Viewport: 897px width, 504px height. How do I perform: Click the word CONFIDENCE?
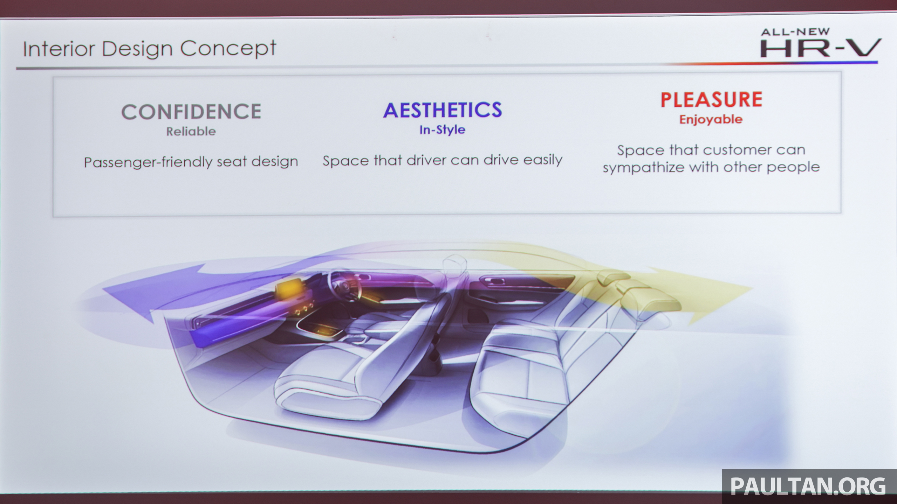click(191, 112)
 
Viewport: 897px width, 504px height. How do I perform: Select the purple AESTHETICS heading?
click(443, 110)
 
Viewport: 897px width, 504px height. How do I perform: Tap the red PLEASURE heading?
click(711, 99)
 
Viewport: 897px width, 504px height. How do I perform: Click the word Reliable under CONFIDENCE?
click(191, 132)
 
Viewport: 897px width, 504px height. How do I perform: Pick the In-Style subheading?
click(442, 130)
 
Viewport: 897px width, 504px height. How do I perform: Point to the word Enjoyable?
click(711, 120)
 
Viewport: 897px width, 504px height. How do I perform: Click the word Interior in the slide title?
click(59, 49)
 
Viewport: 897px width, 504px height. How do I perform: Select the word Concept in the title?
click(228, 49)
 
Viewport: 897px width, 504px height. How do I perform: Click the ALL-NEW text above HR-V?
click(795, 32)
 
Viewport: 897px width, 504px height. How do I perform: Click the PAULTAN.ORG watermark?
click(808, 486)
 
